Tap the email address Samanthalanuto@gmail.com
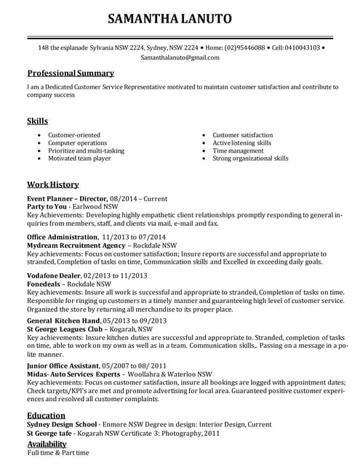tap(180, 57)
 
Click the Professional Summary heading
tap(71, 73)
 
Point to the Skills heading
tap(38, 121)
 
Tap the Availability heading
tap(52, 443)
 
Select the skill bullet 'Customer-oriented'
tap(74, 135)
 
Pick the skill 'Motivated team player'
tap(79, 158)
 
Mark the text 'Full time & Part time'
tap(58, 453)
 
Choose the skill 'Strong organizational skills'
tap(250, 158)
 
